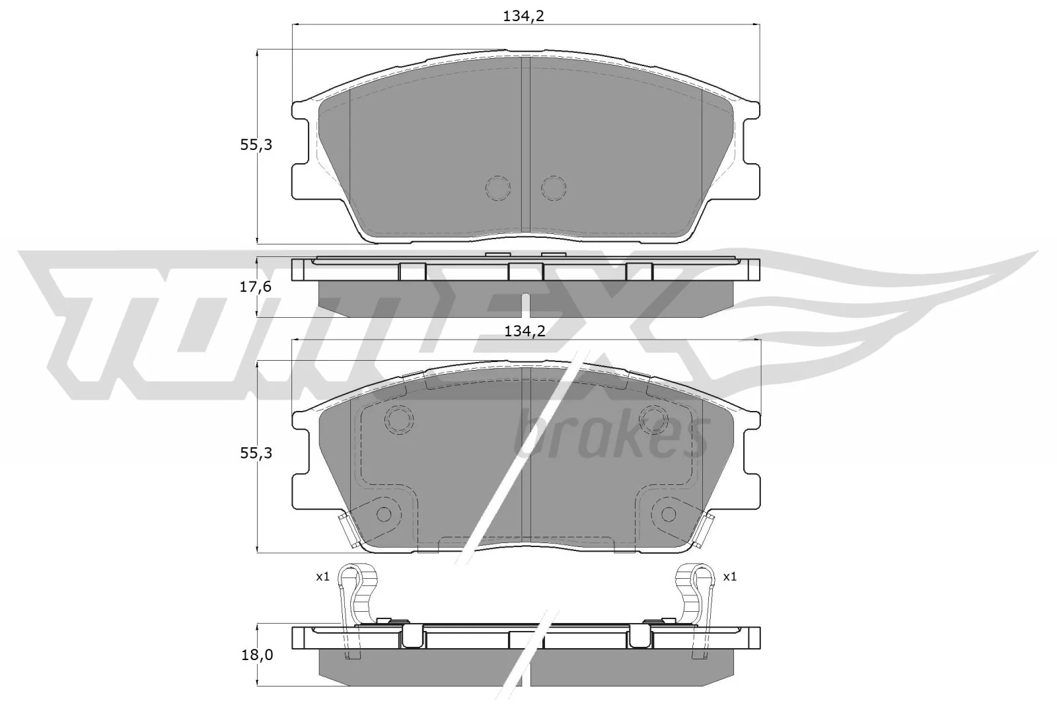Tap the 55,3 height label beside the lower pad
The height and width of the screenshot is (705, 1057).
pyautogui.click(x=256, y=453)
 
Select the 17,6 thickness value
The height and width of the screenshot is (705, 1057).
pyautogui.click(x=256, y=286)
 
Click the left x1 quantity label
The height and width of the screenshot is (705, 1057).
pyautogui.click(x=322, y=577)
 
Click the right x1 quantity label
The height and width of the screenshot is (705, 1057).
pyautogui.click(x=729, y=577)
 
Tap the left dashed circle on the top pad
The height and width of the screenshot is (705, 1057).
pyautogui.click(x=498, y=189)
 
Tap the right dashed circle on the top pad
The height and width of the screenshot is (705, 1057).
pyautogui.click(x=554, y=189)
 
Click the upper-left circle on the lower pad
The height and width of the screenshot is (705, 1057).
pyautogui.click(x=399, y=419)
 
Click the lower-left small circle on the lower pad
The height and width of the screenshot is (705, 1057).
pyautogui.click(x=383, y=514)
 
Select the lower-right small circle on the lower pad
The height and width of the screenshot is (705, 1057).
pyautogui.click(x=669, y=514)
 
